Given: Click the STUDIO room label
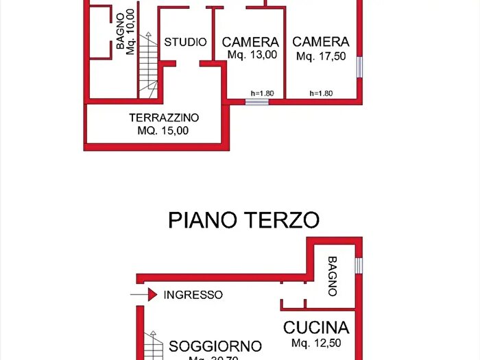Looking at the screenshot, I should (185, 43).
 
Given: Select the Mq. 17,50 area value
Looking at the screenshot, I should (321, 57).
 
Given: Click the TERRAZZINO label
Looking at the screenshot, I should (164, 117).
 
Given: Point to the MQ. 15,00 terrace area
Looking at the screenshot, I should (163, 130).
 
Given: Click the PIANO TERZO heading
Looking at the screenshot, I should (243, 220).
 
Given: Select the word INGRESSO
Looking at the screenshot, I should (193, 295).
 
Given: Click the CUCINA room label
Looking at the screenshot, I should (316, 327).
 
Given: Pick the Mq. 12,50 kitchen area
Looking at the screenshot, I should (316, 343).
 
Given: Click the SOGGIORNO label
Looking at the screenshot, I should (215, 346).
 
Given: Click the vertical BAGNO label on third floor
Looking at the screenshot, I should (333, 276).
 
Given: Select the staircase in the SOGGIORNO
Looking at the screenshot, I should (155, 346).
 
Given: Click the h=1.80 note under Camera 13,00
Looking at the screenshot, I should (262, 93).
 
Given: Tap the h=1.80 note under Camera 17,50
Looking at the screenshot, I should (321, 93).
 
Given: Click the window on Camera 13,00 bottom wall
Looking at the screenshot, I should (257, 102).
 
